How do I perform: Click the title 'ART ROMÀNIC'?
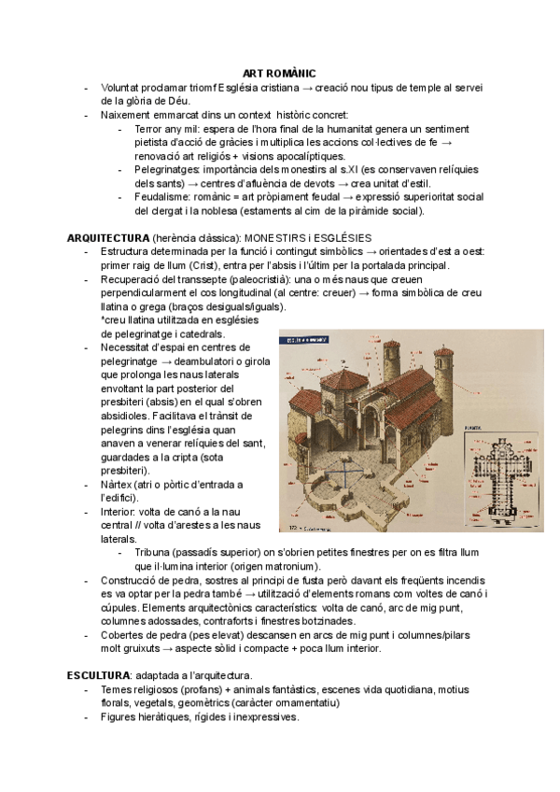279,73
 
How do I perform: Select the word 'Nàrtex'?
117,484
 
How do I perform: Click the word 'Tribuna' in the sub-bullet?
153,553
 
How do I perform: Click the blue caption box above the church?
304,341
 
